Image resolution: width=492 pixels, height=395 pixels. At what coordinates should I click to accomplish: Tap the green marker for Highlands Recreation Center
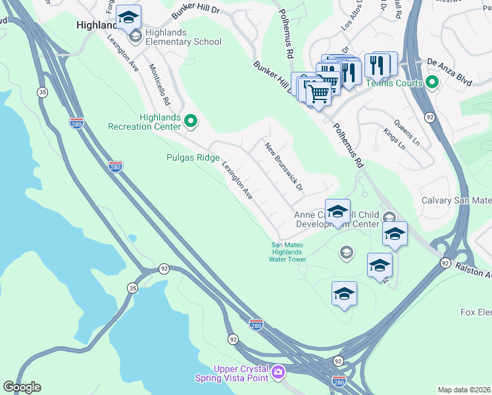(x=191, y=120)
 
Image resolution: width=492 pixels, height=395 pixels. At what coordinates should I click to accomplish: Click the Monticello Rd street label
(x=160, y=84)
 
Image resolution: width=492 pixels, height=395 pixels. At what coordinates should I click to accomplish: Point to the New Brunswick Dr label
(x=283, y=167)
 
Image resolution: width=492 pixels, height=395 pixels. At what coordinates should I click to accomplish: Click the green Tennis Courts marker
(x=432, y=82)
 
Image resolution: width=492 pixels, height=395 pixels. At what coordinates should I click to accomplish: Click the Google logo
(x=22, y=387)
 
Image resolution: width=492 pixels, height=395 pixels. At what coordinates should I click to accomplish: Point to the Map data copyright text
(x=464, y=390)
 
